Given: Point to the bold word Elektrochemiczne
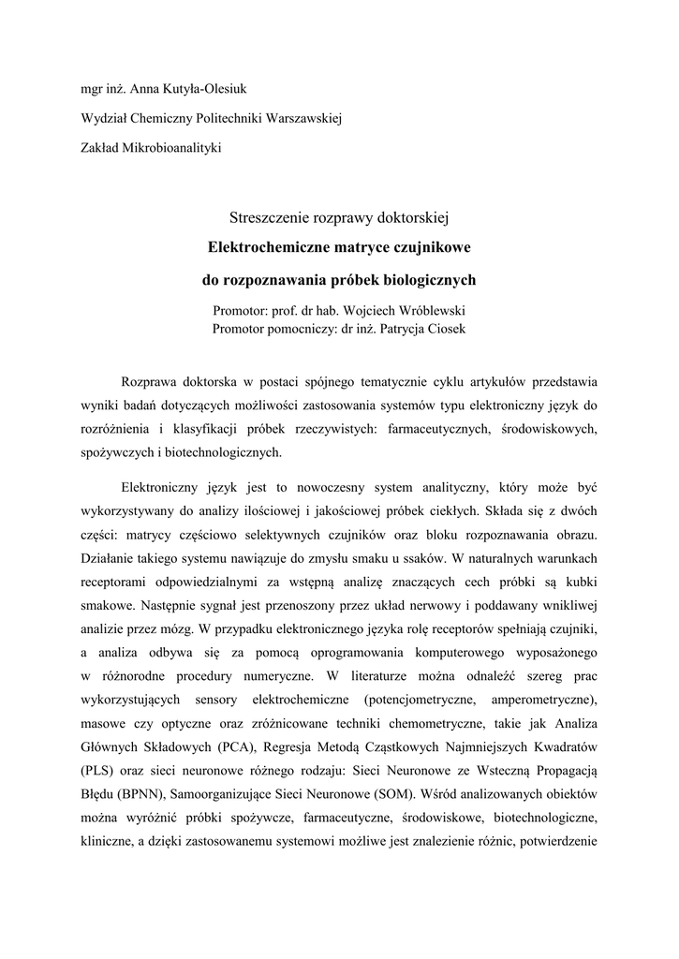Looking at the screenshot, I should click(x=264, y=248).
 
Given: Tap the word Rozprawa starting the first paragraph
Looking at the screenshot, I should click(x=151, y=382).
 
